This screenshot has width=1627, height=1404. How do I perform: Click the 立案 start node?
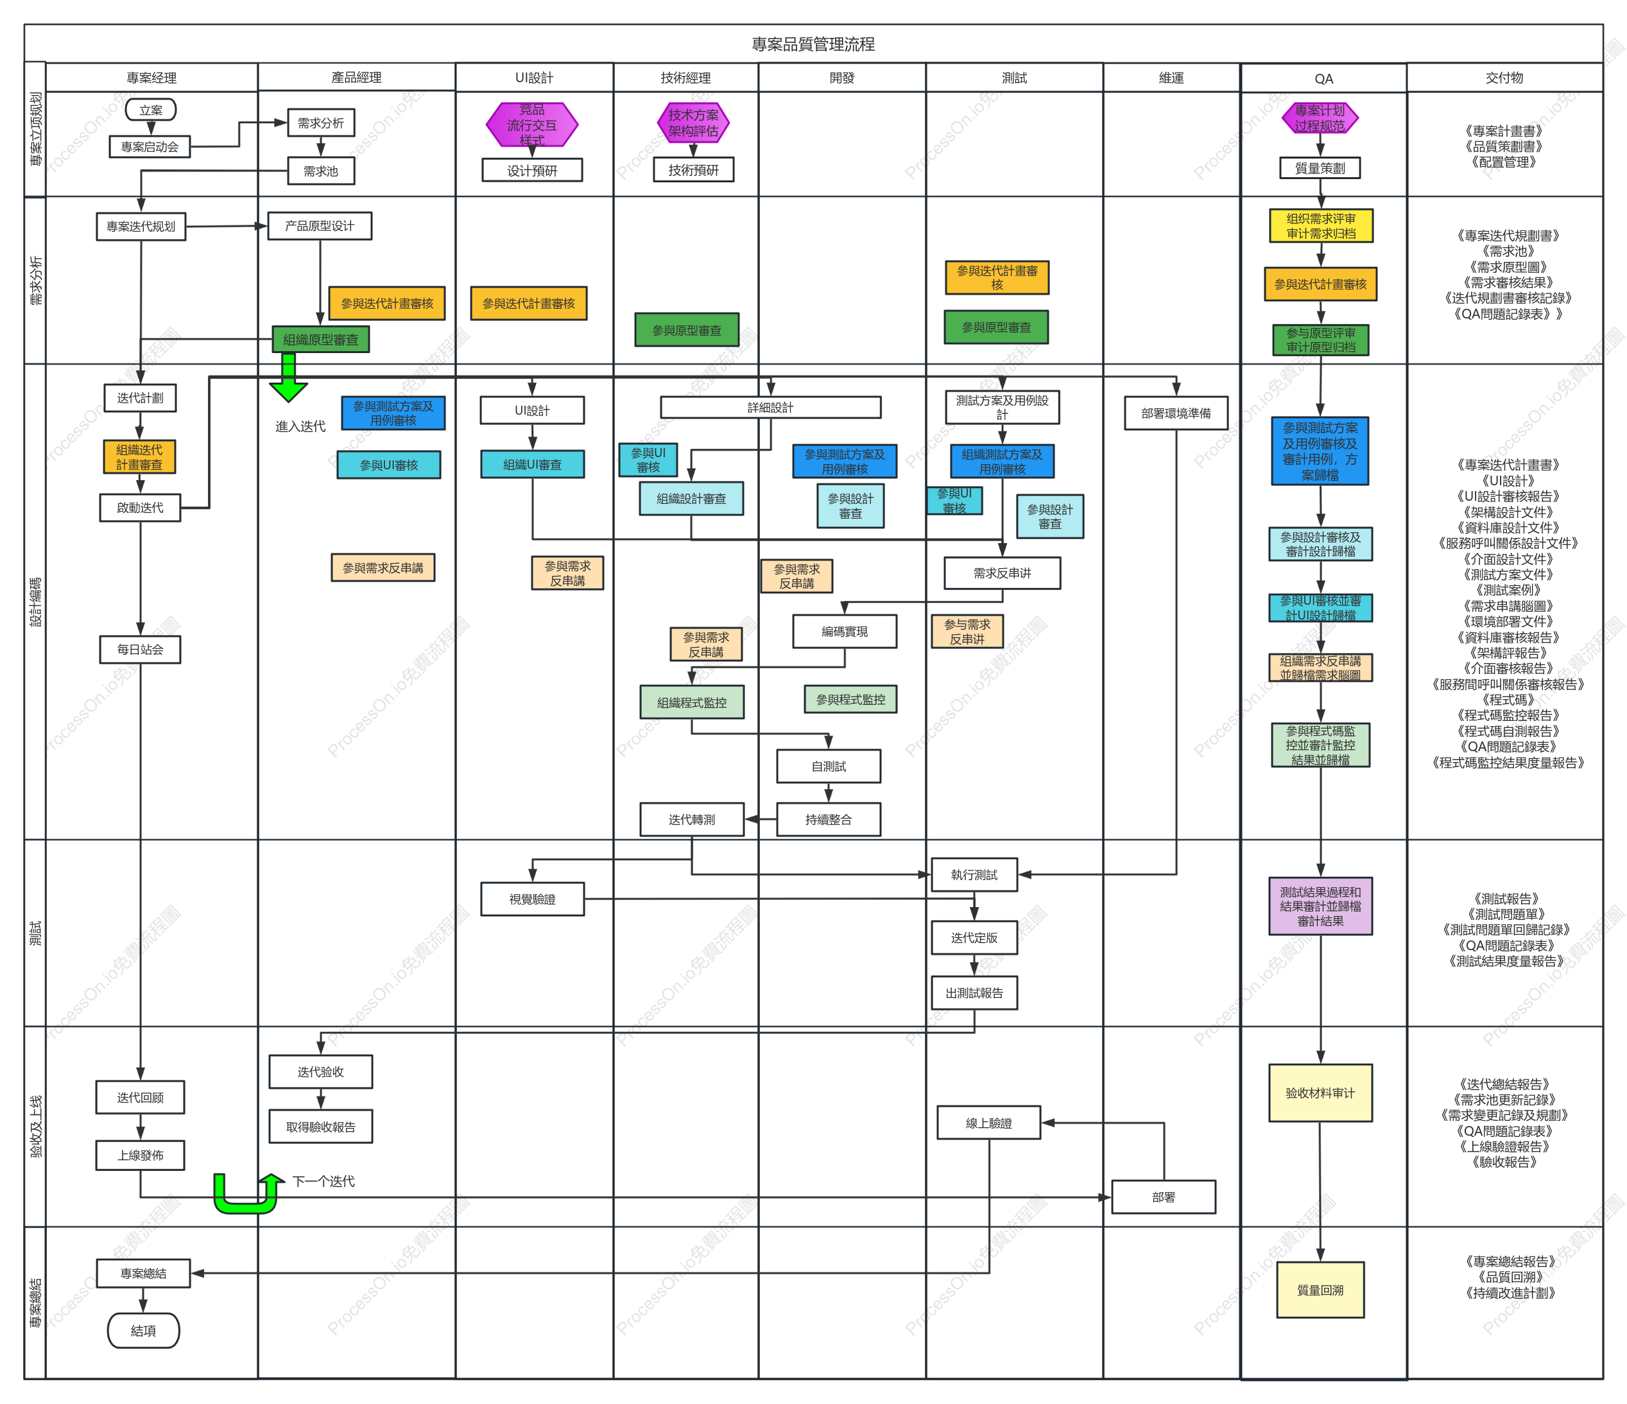151,110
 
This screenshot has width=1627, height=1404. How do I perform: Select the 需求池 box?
320,170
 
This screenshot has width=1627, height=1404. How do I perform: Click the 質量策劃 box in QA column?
1320,168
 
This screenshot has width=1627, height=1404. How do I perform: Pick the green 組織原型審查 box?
320,339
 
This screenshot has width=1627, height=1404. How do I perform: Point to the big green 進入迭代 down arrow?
288,377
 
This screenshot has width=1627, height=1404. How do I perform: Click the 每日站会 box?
141,650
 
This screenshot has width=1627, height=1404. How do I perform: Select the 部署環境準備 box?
1176,413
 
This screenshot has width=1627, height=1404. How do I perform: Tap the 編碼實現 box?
844,631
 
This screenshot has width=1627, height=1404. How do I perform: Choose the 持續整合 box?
829,819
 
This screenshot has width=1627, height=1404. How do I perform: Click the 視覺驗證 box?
533,899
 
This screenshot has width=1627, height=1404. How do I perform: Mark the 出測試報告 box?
974,992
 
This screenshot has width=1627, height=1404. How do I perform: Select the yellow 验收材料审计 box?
1320,1093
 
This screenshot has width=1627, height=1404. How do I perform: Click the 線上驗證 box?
988,1123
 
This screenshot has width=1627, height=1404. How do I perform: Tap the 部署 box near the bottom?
1164,1197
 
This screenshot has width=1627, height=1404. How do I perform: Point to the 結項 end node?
143,1330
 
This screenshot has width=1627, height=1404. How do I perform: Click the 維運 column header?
1171,78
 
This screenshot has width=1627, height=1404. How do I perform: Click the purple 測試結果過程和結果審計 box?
1320,906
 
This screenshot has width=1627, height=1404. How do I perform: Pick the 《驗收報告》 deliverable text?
1504,1162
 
